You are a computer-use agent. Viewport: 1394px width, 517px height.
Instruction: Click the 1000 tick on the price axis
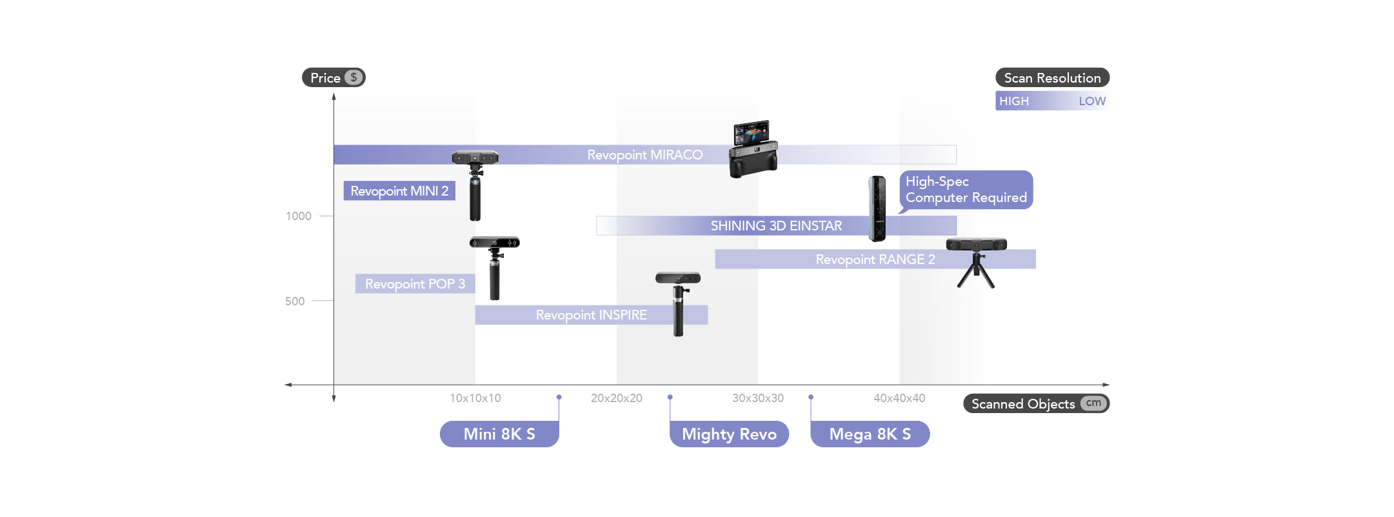pyautogui.click(x=299, y=216)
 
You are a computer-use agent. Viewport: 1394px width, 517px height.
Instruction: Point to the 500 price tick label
pyautogui.click(x=295, y=301)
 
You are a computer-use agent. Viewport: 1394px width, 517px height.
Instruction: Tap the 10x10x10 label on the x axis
pyautogui.click(x=475, y=398)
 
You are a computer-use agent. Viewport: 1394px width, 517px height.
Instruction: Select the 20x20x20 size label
pyautogui.click(x=616, y=398)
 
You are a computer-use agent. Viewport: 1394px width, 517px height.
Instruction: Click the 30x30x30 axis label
pyautogui.click(x=758, y=398)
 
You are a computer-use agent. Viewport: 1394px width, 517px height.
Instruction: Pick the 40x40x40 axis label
pyautogui.click(x=899, y=398)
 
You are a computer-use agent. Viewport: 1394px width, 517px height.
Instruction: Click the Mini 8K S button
pyautogui.click(x=499, y=434)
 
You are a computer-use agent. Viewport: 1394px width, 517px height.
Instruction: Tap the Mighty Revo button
pyautogui.click(x=729, y=434)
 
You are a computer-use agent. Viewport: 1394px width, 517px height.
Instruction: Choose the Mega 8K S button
pyautogui.click(x=870, y=434)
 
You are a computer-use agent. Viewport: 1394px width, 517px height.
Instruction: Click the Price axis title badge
pyautogui.click(x=334, y=78)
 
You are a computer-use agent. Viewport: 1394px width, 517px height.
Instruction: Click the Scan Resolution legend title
pyautogui.click(x=1052, y=78)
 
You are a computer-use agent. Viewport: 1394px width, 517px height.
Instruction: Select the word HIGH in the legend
pyautogui.click(x=1014, y=101)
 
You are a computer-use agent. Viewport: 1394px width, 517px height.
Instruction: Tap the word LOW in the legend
pyautogui.click(x=1092, y=101)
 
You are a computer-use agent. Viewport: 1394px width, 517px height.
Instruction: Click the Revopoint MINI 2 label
pyautogui.click(x=399, y=191)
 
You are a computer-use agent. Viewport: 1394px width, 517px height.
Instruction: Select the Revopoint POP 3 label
pyautogui.click(x=415, y=284)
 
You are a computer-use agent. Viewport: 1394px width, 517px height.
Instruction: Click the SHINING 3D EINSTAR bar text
pyautogui.click(x=776, y=226)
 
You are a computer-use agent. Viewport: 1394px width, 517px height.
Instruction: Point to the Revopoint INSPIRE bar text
pyautogui.click(x=591, y=315)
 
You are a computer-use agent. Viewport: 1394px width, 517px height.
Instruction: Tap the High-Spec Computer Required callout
pyautogui.click(x=966, y=190)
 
